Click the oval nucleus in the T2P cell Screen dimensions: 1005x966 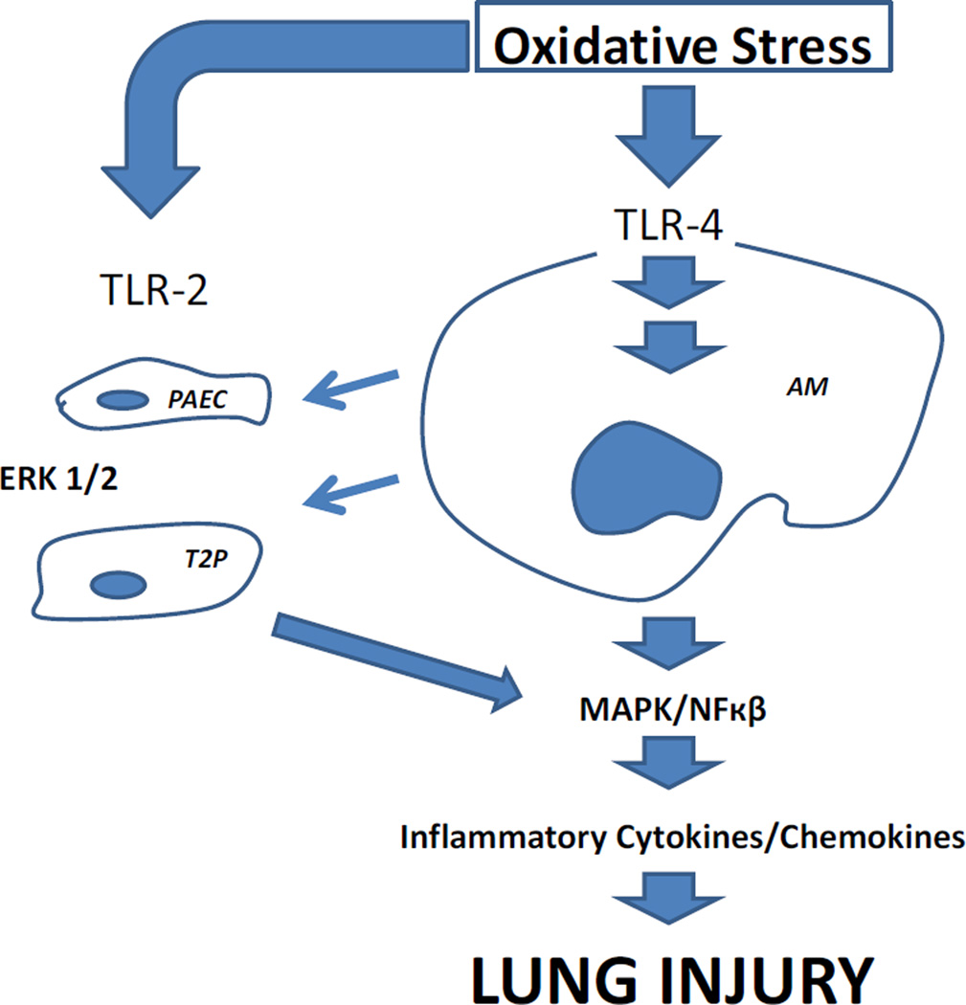click(x=118, y=583)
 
